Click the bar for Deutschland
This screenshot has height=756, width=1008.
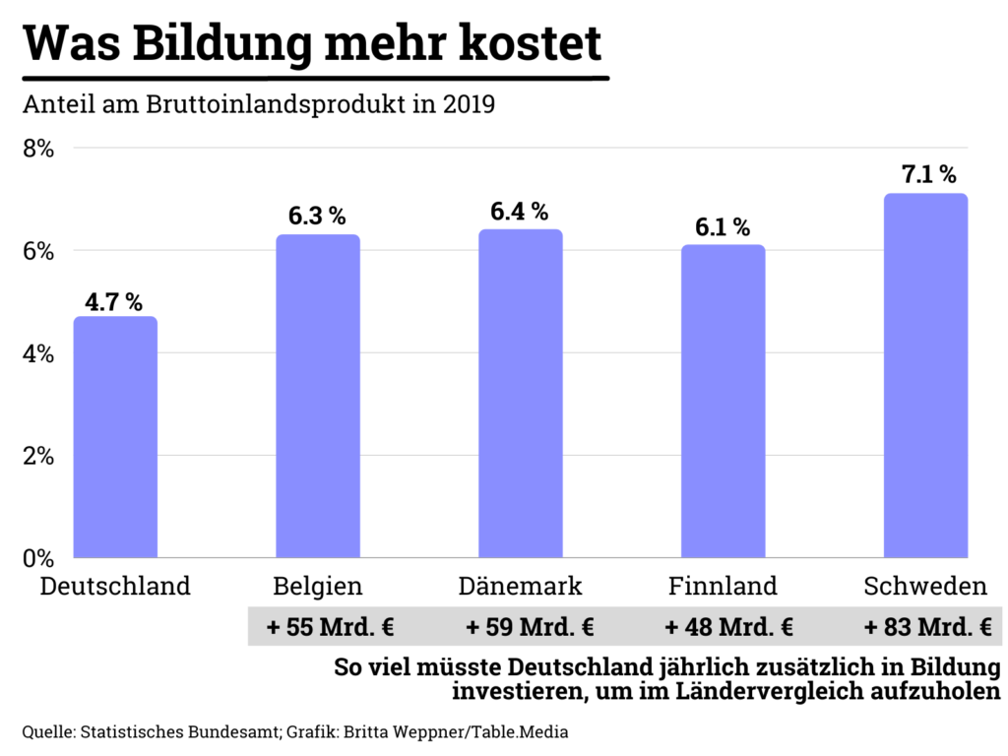click(115, 437)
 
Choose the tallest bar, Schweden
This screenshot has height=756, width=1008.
click(925, 376)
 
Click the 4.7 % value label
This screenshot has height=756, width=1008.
click(114, 302)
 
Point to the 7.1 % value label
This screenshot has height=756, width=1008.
click(928, 175)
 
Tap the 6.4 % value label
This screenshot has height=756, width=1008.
click(520, 211)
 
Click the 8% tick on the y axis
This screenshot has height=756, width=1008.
click(38, 149)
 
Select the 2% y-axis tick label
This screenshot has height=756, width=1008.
click(38, 456)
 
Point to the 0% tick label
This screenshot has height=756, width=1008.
click(38, 558)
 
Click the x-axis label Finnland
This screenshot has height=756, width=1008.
click(723, 587)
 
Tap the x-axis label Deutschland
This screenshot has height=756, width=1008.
click(115, 587)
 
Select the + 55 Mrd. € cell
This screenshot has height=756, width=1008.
click(318, 626)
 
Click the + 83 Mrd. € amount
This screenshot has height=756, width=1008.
click(926, 626)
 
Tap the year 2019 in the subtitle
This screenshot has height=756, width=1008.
click(468, 104)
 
